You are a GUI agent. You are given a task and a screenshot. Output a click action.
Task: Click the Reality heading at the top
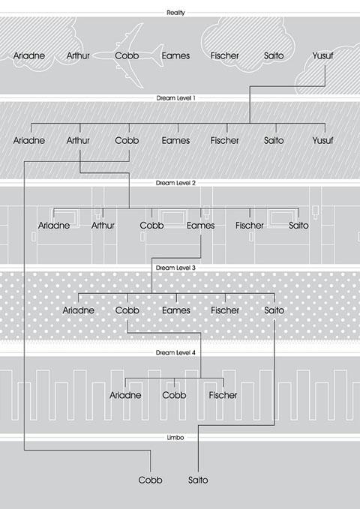click(175, 13)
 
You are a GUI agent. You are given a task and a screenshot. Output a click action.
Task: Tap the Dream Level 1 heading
click(175, 97)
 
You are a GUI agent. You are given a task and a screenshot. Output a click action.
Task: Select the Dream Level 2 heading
click(175, 183)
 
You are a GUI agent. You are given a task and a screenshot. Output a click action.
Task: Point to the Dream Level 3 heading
click(175, 268)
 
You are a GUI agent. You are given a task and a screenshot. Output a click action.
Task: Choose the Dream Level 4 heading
click(175, 352)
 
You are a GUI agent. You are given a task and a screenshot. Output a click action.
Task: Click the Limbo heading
click(175, 438)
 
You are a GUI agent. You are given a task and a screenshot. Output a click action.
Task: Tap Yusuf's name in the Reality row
click(322, 55)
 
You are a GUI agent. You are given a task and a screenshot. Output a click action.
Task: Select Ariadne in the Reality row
click(29, 55)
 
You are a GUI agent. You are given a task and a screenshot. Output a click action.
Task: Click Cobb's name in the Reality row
click(127, 55)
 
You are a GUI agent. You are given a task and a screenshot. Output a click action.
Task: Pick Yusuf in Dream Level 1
click(322, 141)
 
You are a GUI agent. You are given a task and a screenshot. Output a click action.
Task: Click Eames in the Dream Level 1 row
click(175, 141)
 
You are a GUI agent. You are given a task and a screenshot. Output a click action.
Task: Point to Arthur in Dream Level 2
click(103, 226)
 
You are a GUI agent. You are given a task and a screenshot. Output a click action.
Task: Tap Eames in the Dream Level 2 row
click(201, 226)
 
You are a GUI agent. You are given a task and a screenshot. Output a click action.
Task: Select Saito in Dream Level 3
click(274, 310)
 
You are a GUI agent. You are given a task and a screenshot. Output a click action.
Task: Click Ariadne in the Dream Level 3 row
click(78, 310)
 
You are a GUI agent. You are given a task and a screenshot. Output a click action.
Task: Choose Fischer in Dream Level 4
click(223, 395)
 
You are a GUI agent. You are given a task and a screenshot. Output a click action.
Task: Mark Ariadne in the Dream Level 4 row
click(125, 395)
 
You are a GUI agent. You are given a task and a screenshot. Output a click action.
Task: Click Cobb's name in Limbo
click(150, 480)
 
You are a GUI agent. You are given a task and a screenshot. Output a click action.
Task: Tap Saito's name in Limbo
click(198, 480)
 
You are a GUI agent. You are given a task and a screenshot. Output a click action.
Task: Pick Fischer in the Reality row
click(224, 55)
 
